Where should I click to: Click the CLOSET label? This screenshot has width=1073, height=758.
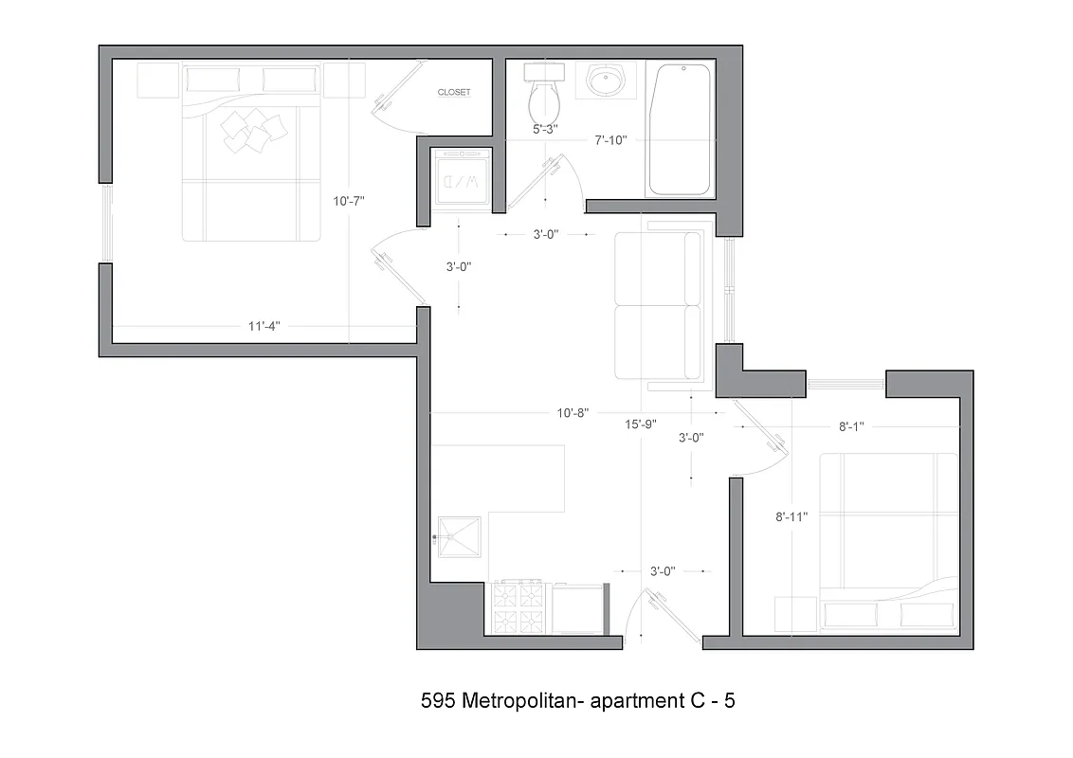453,92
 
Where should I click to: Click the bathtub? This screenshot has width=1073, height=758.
680,129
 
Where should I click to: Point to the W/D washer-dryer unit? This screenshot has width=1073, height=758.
460,178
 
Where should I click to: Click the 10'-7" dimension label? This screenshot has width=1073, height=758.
349,201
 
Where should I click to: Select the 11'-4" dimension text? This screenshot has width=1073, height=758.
264,327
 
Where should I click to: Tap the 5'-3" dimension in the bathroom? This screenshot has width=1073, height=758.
545,129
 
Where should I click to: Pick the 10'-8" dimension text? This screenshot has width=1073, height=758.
573,413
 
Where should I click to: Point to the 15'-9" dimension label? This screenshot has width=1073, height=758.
641,424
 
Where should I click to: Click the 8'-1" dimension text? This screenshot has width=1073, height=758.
850,427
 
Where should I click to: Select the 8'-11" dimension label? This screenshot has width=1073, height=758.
791,517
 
